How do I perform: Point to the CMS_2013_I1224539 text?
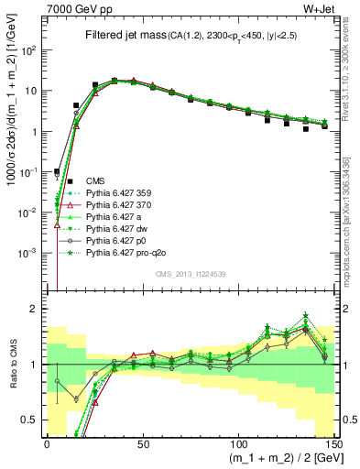pos(191,275)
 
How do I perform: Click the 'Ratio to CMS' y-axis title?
pos(11,365)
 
